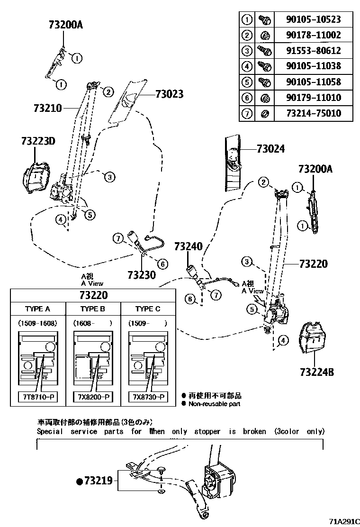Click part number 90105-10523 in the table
[x=313, y=20]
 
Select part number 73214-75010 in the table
[x=313, y=114]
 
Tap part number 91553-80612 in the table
[x=313, y=51]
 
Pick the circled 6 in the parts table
[x=246, y=98]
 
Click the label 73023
[x=169, y=94]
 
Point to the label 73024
[x=270, y=149]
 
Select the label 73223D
[x=38, y=141]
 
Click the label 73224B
[x=316, y=372]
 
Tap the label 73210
[x=47, y=108]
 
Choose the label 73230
[x=141, y=274]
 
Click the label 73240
[x=188, y=246]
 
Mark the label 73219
[x=98, y=482]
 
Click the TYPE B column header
[x=93, y=309]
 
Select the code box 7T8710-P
[x=37, y=397]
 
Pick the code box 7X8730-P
[x=148, y=397]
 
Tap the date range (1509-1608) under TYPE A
[x=37, y=323]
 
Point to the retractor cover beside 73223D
[x=36, y=177]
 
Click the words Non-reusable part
[x=215, y=404]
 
